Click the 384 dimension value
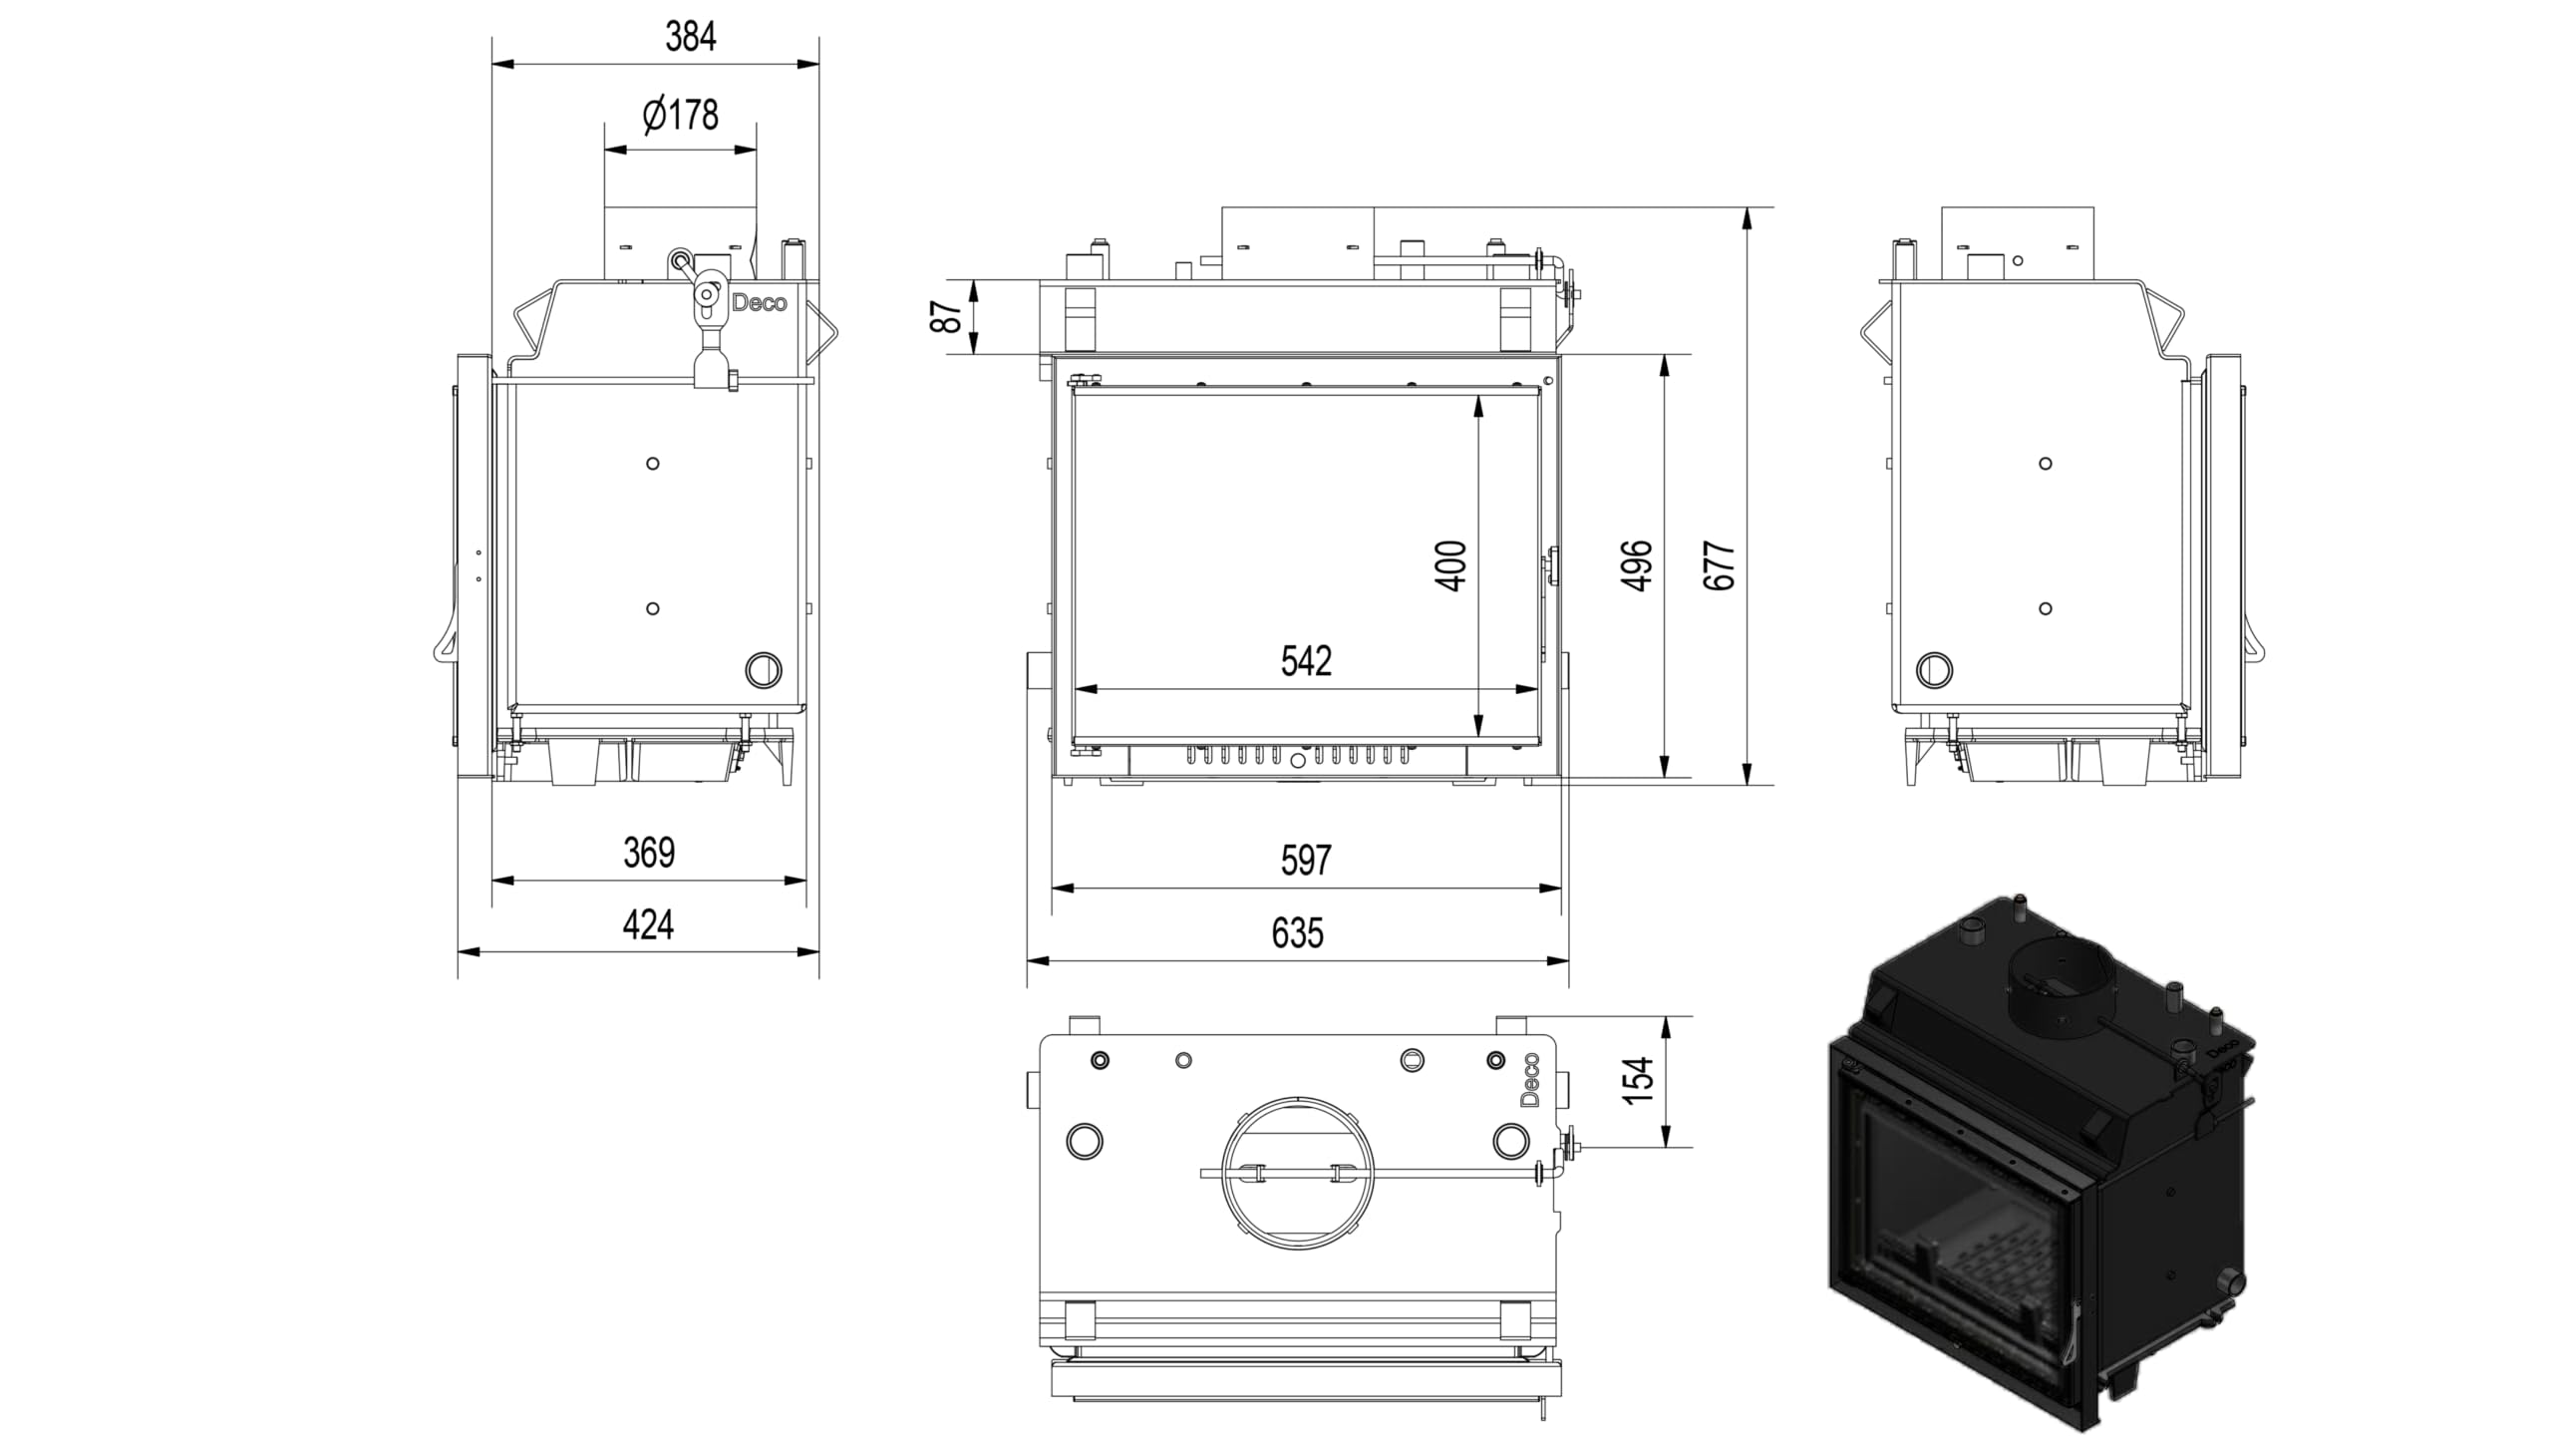(691, 37)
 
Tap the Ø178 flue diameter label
(681, 115)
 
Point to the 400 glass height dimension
(1452, 565)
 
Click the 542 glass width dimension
(1306, 660)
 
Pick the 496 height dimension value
(1638, 565)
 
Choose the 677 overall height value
(1720, 565)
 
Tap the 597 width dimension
(1306, 860)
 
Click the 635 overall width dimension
(1298, 933)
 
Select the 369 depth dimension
(649, 853)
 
